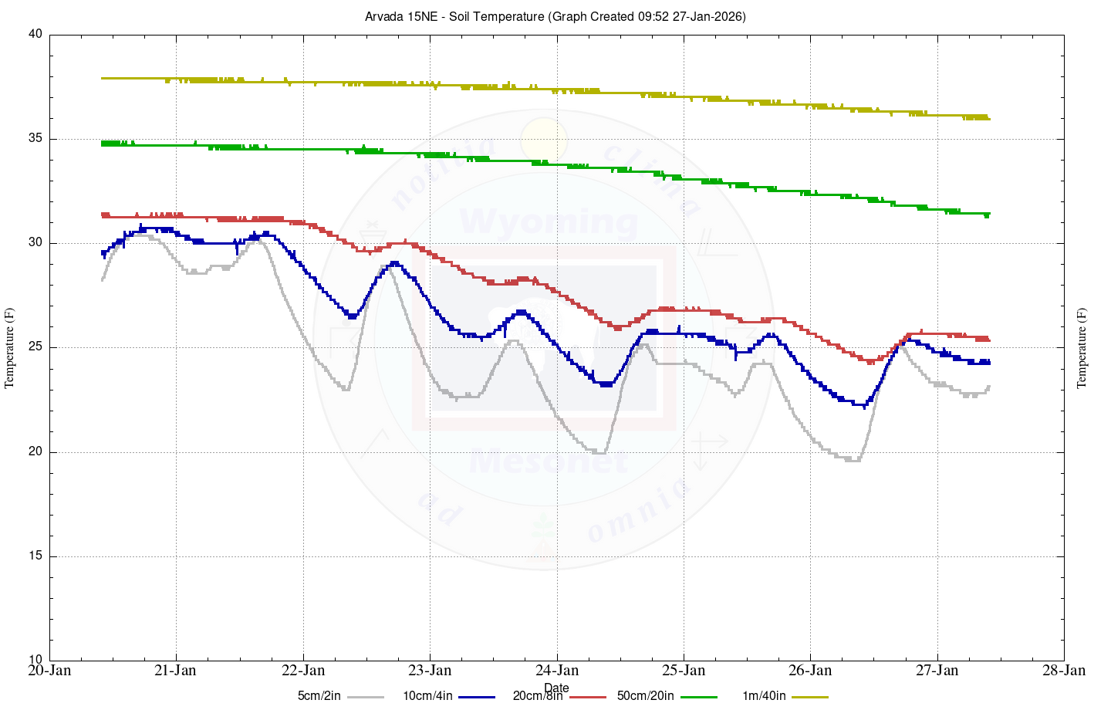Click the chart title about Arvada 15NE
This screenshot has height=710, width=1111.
(x=555, y=16)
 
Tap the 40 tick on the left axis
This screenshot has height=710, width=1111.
(x=35, y=35)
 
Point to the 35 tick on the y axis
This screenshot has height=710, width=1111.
(x=35, y=139)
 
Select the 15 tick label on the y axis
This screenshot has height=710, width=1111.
(x=35, y=556)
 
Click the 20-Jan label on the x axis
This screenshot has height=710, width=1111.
(x=49, y=670)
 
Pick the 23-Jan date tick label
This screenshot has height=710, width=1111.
(x=430, y=670)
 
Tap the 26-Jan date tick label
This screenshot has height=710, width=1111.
(x=810, y=670)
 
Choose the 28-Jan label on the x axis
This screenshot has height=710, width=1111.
(x=1064, y=670)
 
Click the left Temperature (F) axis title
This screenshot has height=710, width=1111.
(x=10, y=347)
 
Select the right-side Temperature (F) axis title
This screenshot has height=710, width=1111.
(x=1081, y=347)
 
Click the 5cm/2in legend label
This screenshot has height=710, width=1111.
(x=319, y=696)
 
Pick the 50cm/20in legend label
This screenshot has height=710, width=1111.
(x=645, y=696)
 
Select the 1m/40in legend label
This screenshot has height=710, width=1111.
(x=764, y=696)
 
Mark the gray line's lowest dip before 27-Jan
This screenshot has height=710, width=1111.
(x=853, y=461)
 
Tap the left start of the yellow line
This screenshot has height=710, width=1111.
(x=103, y=78)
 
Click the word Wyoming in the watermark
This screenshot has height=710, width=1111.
(x=549, y=222)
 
